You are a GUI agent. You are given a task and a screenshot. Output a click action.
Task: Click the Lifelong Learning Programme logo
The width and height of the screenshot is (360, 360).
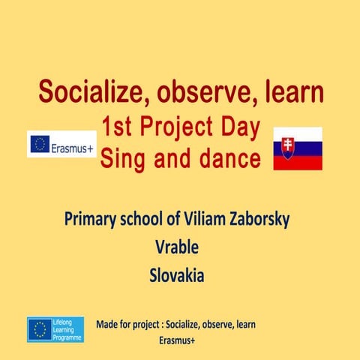[55, 329]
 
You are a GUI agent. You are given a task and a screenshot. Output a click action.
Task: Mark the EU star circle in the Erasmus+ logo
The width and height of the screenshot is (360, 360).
[39, 144]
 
